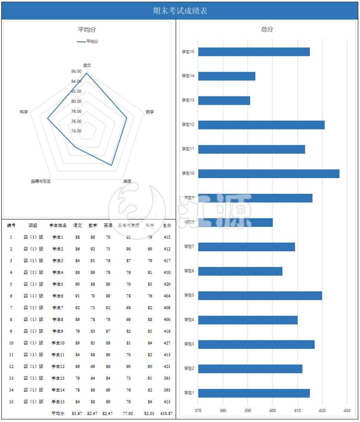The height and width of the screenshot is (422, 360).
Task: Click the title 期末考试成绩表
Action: pos(180,11)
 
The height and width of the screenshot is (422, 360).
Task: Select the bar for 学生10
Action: pos(269,174)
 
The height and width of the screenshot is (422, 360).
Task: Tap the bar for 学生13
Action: pos(224,101)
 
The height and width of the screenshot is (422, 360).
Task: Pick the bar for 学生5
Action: pos(260,296)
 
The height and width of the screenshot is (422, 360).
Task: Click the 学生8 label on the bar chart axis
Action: pos(189,222)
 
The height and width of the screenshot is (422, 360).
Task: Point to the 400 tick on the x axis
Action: pos(272,411)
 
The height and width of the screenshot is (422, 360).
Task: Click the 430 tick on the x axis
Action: pos(347,411)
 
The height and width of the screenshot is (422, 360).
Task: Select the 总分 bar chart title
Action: pos(267,29)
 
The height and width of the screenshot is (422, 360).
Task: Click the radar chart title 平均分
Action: pos(86,30)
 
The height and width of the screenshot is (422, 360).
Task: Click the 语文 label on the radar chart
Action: pos(87,65)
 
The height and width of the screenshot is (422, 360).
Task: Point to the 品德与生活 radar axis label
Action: pos(40,181)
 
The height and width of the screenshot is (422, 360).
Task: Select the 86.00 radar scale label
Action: pos(76,71)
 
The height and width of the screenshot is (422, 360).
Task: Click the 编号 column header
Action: pos(11,225)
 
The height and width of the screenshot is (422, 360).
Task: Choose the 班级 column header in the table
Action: pos(33,225)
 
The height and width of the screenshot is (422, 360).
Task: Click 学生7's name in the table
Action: pos(58,308)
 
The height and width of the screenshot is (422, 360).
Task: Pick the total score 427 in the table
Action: pos(167,343)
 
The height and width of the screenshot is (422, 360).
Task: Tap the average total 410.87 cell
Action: pos(167,413)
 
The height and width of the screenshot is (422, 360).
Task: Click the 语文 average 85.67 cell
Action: pos(77,413)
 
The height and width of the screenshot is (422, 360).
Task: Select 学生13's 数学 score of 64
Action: pos(93,378)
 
